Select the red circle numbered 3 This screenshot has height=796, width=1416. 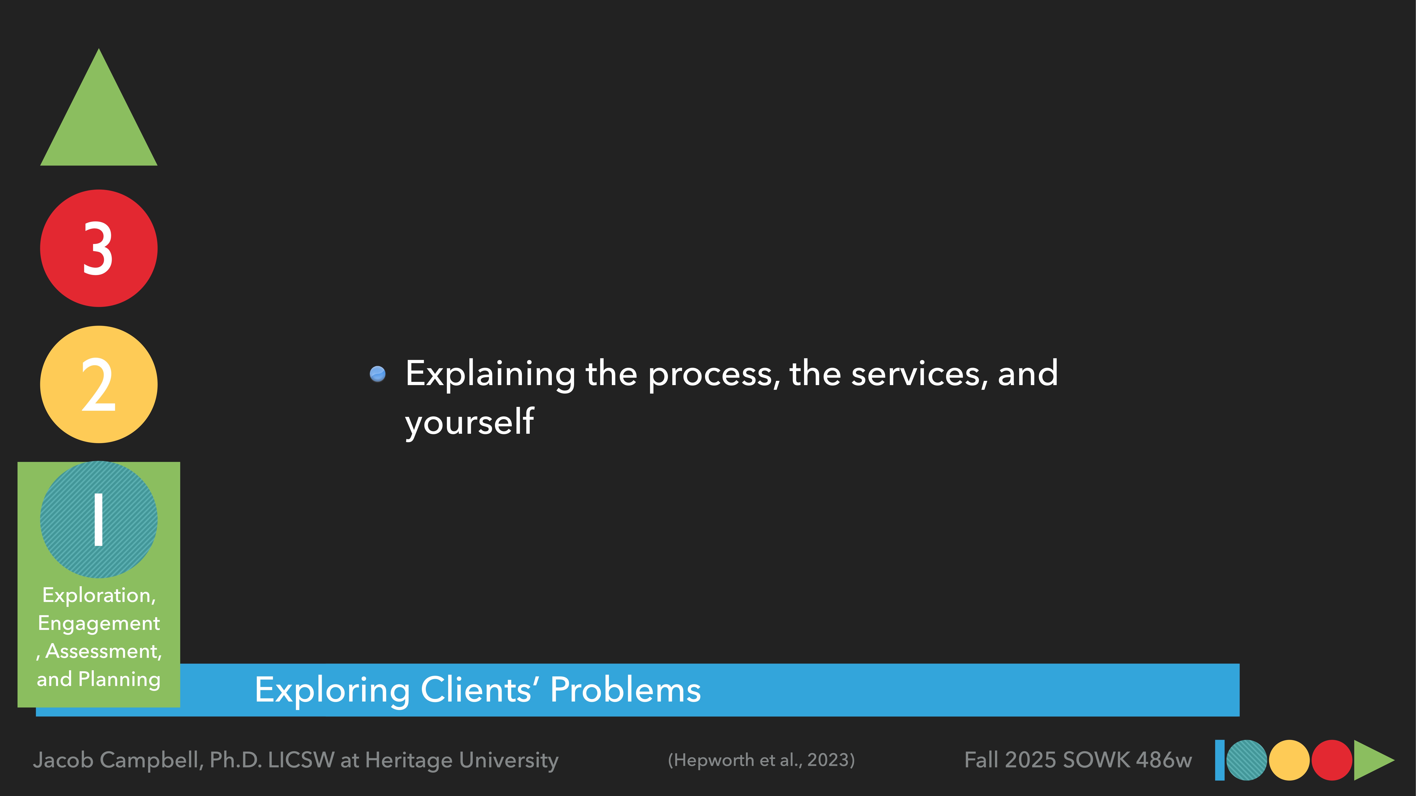(99, 248)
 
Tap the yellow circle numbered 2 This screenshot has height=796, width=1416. (99, 385)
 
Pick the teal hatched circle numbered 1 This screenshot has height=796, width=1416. (99, 520)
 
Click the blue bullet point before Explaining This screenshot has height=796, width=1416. (378, 374)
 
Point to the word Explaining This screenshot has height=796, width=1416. (490, 374)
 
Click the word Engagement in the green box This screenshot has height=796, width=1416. (99, 624)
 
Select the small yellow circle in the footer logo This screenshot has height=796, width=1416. (1289, 760)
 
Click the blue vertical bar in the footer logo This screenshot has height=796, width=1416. (1220, 760)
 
